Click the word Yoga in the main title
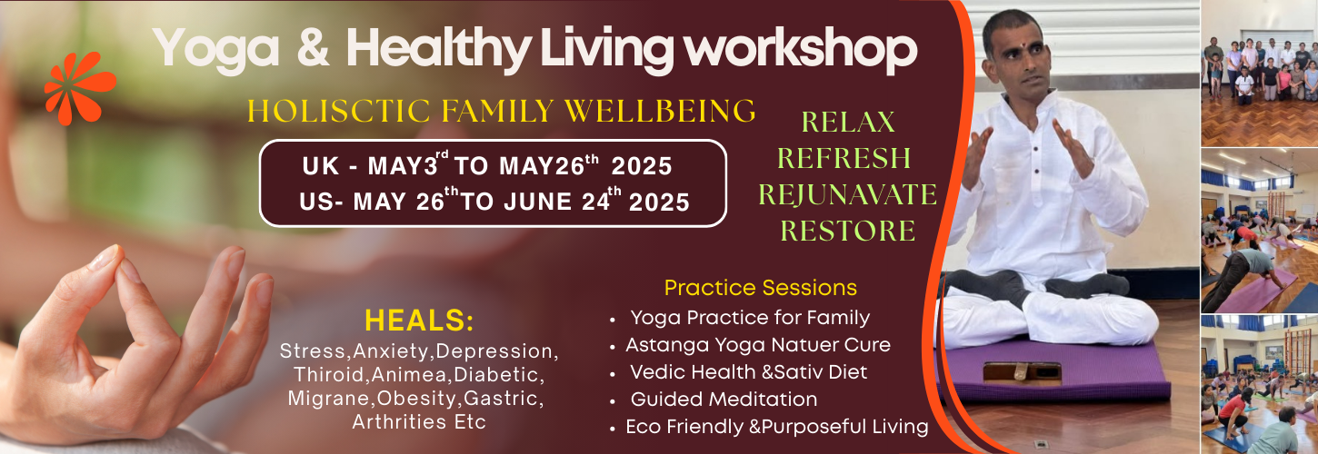point(216,49)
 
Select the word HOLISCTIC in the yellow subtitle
point(339,111)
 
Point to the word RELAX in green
point(848,123)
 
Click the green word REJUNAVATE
point(848,194)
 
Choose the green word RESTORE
point(848,232)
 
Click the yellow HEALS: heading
point(419,321)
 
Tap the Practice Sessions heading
point(760,288)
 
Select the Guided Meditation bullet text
point(724,400)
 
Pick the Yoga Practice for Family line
point(750,318)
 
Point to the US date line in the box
point(494,201)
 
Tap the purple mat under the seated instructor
point(1053,370)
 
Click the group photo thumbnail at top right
point(1259,73)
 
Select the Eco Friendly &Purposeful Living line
point(776,427)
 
